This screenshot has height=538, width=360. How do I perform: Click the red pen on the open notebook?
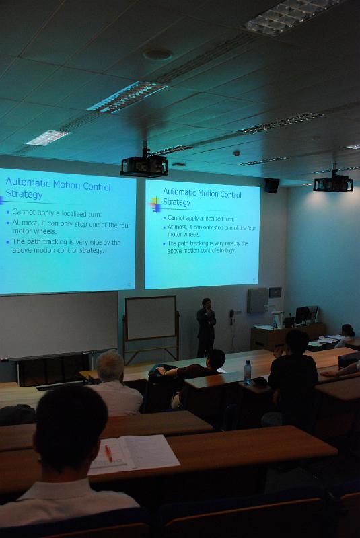[108, 453]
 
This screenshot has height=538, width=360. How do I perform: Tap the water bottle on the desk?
[247, 373]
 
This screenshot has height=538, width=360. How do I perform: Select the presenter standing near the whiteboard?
[206, 328]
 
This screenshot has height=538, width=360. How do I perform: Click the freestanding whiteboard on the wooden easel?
[151, 318]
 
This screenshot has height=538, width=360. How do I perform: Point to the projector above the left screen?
[145, 165]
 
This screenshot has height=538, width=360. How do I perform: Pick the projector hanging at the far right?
[333, 184]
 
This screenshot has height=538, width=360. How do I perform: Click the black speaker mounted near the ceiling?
[272, 186]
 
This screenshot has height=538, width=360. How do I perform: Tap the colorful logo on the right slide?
[155, 204]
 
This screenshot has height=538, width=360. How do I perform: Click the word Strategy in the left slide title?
[24, 194]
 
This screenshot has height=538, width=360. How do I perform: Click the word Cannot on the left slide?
[24, 212]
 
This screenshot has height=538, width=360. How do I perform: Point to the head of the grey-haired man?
[110, 366]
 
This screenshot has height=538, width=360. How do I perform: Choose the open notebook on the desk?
[135, 454]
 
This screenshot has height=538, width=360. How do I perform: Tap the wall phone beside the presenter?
[231, 317]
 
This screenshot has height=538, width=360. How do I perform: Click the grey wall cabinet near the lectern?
[258, 301]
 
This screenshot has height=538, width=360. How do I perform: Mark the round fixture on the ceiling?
[158, 54]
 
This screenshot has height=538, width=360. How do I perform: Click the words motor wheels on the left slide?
[34, 231]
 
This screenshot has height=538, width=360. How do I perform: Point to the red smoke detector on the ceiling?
[237, 153]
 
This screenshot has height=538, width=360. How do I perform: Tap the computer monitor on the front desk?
[302, 314]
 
